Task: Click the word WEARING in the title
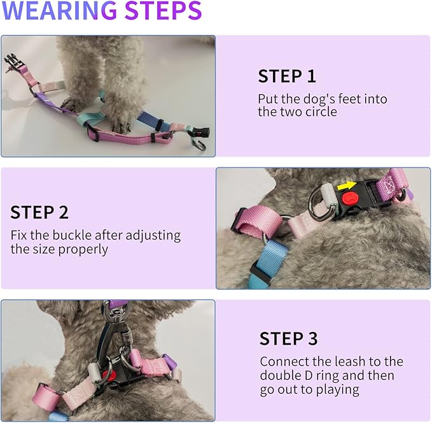(x=59, y=11)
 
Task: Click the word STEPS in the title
(x=163, y=11)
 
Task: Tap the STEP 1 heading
(x=287, y=76)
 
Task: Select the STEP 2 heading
(x=39, y=212)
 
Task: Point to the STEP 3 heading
(x=288, y=338)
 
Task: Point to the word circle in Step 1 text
(x=319, y=112)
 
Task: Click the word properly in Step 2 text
(x=83, y=249)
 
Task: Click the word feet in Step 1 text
(x=347, y=99)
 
